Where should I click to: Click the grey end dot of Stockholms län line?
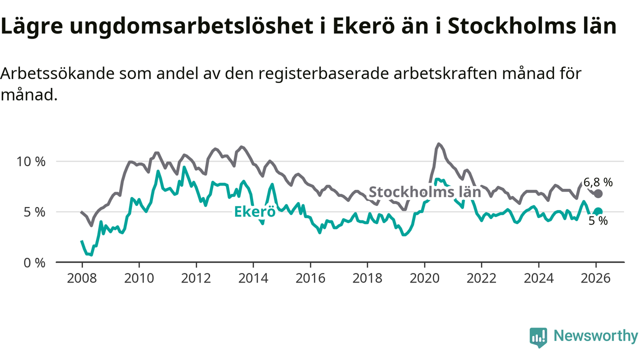pyautogui.click(x=598, y=193)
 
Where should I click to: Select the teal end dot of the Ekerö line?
pyautogui.click(x=598, y=211)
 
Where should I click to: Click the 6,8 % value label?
pyautogui.click(x=598, y=182)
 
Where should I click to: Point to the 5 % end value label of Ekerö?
pyautogui.click(x=598, y=220)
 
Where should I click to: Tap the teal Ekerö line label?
pyautogui.click(x=255, y=211)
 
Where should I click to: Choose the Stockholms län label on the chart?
pyautogui.click(x=424, y=191)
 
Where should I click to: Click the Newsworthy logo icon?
pyautogui.click(x=538, y=337)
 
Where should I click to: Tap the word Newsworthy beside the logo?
pyautogui.click(x=595, y=336)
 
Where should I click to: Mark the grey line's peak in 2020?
pyautogui.click(x=439, y=144)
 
